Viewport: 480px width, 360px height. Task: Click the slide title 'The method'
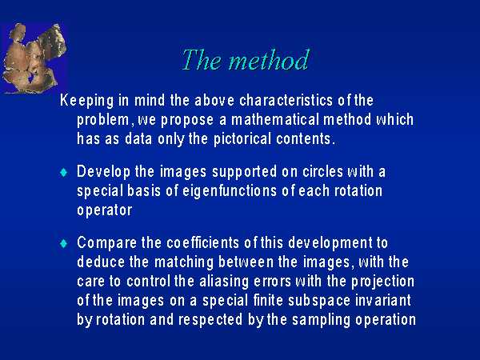246,59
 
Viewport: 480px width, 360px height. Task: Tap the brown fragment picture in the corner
34,58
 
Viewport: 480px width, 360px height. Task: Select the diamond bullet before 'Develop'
64,172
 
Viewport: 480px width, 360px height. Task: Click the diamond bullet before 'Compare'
64,244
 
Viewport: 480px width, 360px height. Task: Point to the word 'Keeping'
87,101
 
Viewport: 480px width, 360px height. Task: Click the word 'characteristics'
286,100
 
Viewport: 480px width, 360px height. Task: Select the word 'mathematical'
275,119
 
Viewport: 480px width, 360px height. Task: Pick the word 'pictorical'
242,139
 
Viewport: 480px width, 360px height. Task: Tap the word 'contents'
304,139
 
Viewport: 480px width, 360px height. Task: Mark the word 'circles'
322,171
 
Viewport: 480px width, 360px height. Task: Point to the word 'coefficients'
202,242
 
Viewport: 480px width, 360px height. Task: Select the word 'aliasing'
224,282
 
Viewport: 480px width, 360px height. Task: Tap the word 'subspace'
319,301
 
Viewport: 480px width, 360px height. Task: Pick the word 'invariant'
383,300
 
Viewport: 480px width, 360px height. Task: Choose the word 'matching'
184,262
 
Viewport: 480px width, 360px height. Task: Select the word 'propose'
187,120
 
